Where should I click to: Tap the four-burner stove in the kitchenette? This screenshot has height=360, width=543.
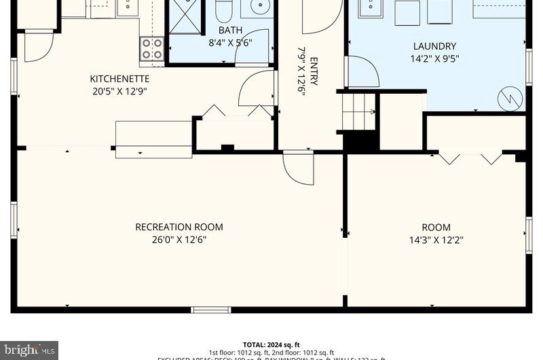(x=151, y=49)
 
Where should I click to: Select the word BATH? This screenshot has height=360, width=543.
(x=229, y=31)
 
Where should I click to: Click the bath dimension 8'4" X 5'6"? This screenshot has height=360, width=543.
(x=230, y=42)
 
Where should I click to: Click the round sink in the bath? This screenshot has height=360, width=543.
(x=259, y=7)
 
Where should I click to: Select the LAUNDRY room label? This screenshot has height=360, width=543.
(x=434, y=46)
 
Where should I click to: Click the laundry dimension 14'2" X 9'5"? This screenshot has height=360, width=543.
(x=434, y=58)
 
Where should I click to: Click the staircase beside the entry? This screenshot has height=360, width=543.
(x=358, y=112)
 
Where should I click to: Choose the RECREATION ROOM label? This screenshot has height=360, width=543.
(x=179, y=227)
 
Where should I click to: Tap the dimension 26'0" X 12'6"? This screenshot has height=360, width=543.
(x=179, y=239)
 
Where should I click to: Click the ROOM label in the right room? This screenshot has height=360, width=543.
(x=436, y=227)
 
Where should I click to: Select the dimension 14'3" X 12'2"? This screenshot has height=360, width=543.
(x=436, y=239)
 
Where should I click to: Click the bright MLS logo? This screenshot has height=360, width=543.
(x=29, y=350)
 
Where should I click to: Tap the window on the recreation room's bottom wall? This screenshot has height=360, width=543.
(x=210, y=310)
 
